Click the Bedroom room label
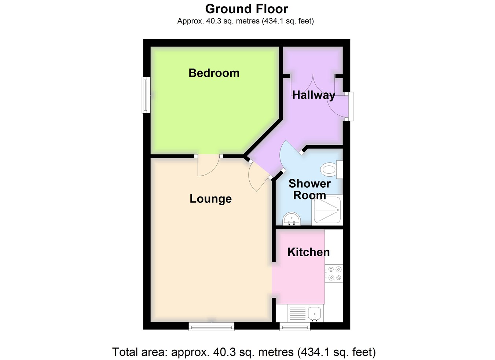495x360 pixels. [x=214, y=73]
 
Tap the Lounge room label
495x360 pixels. [x=210, y=199]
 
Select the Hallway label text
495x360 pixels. [x=313, y=95]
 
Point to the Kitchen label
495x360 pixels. [x=308, y=252]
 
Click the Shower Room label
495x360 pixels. [x=309, y=189]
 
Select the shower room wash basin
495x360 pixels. [x=292, y=219]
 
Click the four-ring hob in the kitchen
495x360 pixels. [x=334, y=273]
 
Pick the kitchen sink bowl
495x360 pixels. [x=315, y=313]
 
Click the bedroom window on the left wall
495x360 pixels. [x=146, y=95]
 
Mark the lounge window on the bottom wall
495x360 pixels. [x=211, y=326]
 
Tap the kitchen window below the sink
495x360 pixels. [x=295, y=326]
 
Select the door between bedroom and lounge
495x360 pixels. [x=208, y=166]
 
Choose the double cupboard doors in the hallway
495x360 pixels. [x=313, y=84]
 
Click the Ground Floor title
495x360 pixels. [x=246, y=9]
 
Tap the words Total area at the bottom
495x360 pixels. [x=139, y=352]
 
